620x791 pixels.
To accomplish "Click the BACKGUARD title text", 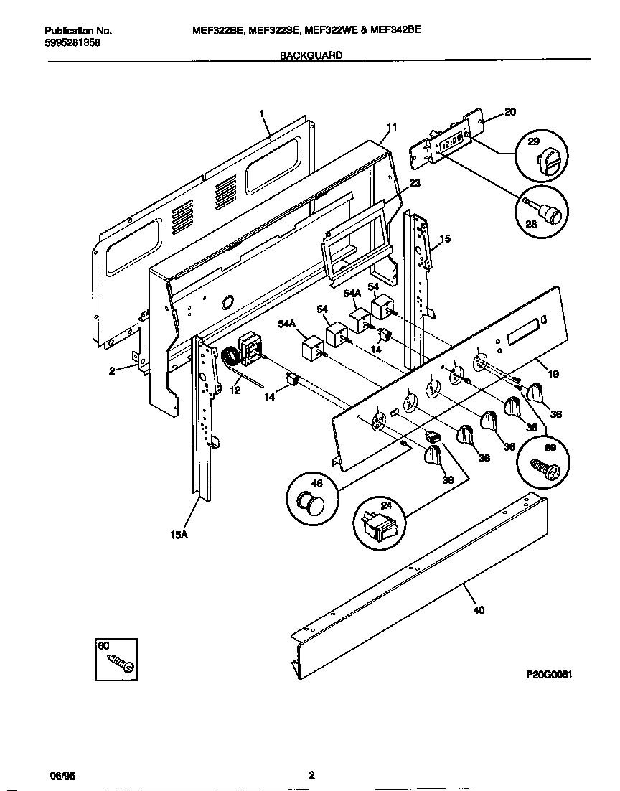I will pyautogui.click(x=311, y=55).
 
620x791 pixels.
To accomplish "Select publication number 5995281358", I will pyautogui.click(x=72, y=43).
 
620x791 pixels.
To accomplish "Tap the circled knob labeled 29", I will pyautogui.click(x=540, y=157).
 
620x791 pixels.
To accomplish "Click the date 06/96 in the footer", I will pyautogui.click(x=61, y=774).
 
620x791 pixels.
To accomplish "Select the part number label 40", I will pyautogui.click(x=479, y=610).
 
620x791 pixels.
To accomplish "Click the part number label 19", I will pyautogui.click(x=553, y=374).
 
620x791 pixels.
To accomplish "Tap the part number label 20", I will pyautogui.click(x=509, y=111).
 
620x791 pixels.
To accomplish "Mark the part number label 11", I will pyautogui.click(x=391, y=127).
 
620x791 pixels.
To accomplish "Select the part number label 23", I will pyautogui.click(x=415, y=183).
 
